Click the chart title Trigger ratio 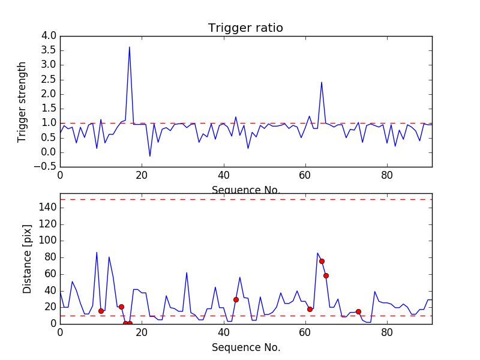245,28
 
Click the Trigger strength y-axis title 23,101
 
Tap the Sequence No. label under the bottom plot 245,347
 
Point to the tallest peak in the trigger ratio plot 130,47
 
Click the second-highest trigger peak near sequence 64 322,82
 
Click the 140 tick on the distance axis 49,208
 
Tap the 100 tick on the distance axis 49,241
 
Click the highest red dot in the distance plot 322,261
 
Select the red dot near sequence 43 236,299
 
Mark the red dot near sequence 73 358,311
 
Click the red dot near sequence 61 310,309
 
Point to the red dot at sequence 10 101,311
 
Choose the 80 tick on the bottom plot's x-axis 387,332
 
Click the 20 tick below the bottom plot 142,332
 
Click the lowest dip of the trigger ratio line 150,156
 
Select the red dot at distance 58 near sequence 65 326,275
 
